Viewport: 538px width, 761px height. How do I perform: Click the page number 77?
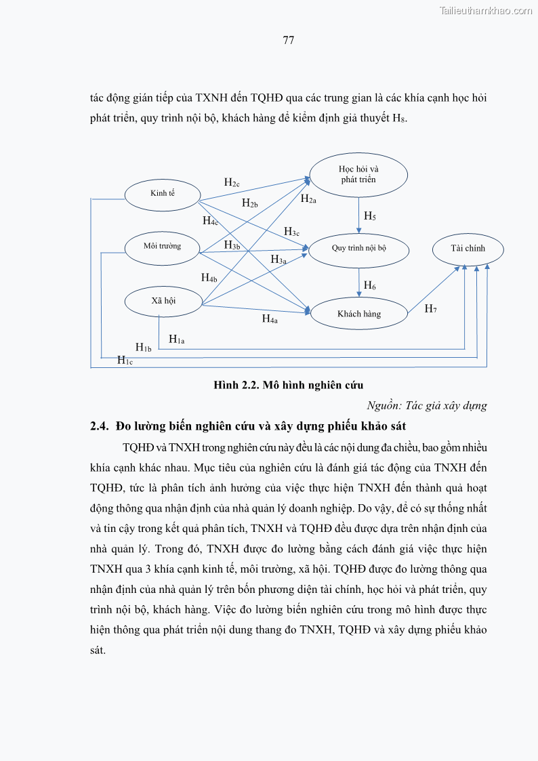288,40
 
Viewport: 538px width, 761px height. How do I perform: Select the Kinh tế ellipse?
163,194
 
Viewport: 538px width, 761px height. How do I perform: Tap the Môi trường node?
163,246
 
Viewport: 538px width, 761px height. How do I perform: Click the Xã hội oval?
163,300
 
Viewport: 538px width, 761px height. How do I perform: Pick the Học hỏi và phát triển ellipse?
358,174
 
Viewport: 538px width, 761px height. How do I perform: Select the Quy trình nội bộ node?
358,248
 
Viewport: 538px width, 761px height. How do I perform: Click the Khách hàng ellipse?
359,314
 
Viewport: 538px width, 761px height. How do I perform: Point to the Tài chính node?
468,249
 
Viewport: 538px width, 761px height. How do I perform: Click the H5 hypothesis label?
370,216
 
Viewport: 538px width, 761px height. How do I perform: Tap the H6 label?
370,285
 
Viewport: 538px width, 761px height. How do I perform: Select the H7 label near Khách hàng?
430,309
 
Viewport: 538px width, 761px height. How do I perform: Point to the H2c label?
232,182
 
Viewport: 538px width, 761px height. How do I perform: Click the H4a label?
270,318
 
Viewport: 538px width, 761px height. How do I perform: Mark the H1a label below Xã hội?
176,339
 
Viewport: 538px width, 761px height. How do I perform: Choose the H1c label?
125,361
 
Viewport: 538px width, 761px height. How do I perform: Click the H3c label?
291,232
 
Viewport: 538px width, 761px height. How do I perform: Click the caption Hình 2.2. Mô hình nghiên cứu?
289,386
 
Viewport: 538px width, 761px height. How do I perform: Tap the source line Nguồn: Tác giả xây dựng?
427,406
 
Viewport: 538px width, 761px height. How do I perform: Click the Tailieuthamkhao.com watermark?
486,10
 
